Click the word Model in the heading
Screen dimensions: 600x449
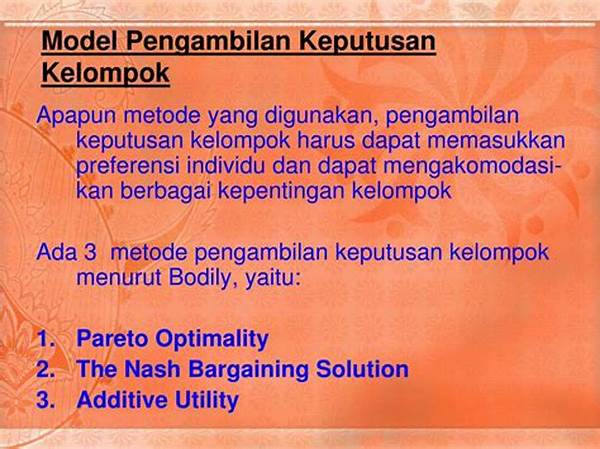coord(79,41)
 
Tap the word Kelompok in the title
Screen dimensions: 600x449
coord(106,73)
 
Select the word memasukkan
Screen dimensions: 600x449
coord(496,140)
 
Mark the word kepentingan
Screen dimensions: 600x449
coord(282,191)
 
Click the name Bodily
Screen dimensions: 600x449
coord(199,279)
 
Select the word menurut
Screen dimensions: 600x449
coord(119,279)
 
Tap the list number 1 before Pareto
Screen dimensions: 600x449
coord(45,338)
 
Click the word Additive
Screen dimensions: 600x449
coord(122,400)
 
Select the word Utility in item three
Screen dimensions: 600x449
coord(207,401)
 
